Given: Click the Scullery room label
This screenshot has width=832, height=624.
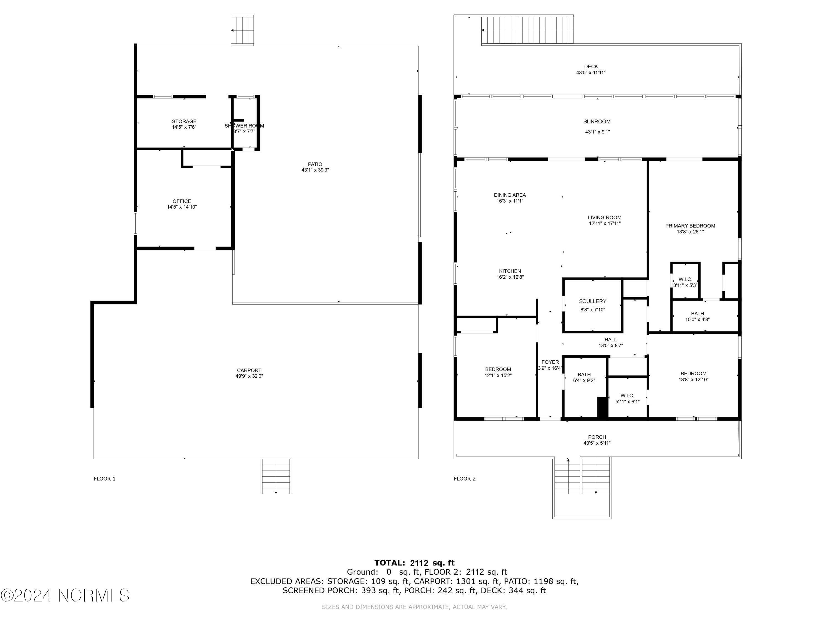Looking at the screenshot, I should (592, 301).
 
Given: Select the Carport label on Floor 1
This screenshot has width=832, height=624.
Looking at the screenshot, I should (249, 371).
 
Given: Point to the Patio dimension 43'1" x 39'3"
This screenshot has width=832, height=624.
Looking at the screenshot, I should (315, 170).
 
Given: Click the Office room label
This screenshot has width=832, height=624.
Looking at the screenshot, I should (182, 201).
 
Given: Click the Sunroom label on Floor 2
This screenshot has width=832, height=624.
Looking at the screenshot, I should (597, 121).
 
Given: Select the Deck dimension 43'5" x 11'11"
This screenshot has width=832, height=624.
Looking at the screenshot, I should (591, 73).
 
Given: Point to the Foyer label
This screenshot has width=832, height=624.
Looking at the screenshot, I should (550, 362).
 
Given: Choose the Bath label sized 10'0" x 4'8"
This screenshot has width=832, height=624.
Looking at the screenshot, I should (697, 314).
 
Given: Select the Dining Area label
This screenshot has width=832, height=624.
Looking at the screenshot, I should (510, 195).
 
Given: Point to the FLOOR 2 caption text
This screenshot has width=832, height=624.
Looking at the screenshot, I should (465, 479).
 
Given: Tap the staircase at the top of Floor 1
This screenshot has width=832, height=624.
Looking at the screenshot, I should (242, 31).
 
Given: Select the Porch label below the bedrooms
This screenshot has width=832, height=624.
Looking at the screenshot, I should (597, 437).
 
